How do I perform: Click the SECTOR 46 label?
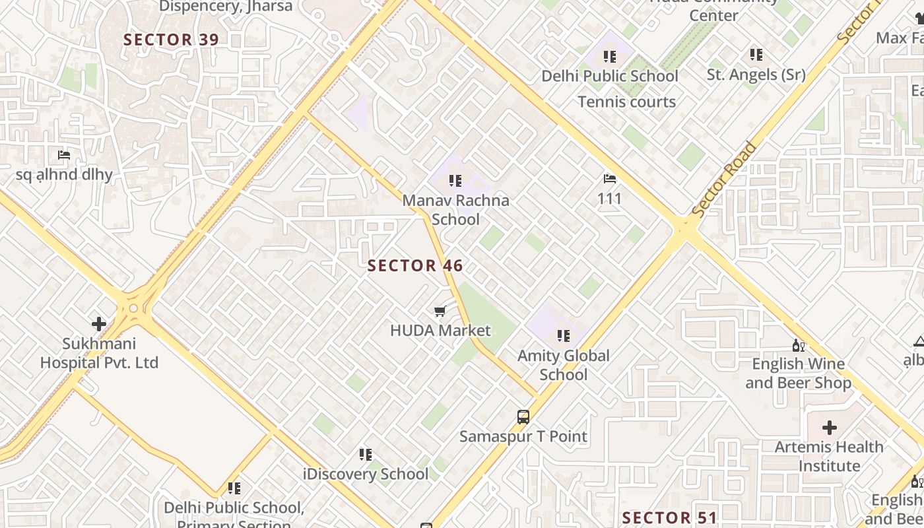click(415, 266)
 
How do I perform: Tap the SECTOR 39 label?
click(171, 40)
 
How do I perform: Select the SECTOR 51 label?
click(669, 517)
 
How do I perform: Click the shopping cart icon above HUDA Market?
click(440, 311)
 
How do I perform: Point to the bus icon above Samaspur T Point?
click(523, 417)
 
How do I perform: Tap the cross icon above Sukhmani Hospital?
click(99, 324)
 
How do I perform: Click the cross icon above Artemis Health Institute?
click(830, 427)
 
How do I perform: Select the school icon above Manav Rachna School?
click(455, 180)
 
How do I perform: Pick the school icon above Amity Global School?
click(563, 336)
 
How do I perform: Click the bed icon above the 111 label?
click(609, 179)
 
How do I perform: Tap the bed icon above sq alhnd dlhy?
click(64, 155)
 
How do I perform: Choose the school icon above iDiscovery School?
click(365, 454)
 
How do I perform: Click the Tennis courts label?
click(627, 102)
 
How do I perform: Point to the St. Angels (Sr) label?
click(756, 75)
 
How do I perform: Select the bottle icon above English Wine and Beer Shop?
click(798, 345)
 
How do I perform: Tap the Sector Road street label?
click(724, 179)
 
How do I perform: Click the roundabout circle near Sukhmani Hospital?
click(133, 308)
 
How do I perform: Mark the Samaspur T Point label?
click(523, 436)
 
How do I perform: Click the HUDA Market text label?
click(440, 331)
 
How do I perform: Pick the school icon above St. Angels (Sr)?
click(756, 54)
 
